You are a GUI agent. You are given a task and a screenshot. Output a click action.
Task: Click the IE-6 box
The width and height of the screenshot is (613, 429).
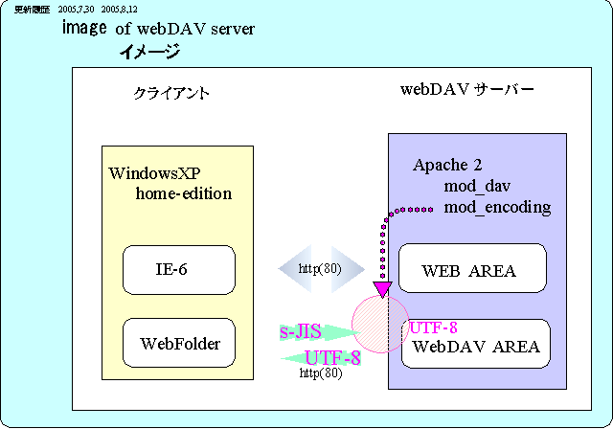coord(179,270)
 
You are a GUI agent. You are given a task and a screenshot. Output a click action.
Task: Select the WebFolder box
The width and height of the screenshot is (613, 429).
coord(179,343)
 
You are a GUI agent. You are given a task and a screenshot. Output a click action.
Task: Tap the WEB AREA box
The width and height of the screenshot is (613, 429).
coord(471,269)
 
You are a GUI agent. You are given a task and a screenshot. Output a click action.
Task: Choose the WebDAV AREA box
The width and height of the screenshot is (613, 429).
coord(475,345)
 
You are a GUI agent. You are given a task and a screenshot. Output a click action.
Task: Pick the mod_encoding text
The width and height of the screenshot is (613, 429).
coord(497,206)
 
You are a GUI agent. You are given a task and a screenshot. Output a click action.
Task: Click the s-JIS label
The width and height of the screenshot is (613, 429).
coord(300,332)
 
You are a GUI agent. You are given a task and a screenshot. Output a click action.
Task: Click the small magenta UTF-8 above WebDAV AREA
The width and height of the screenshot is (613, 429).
coord(433,327)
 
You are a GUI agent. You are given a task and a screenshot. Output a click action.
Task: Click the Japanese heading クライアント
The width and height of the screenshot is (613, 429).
coord(171,94)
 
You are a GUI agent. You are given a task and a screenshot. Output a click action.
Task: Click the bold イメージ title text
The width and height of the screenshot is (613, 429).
coord(148,52)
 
